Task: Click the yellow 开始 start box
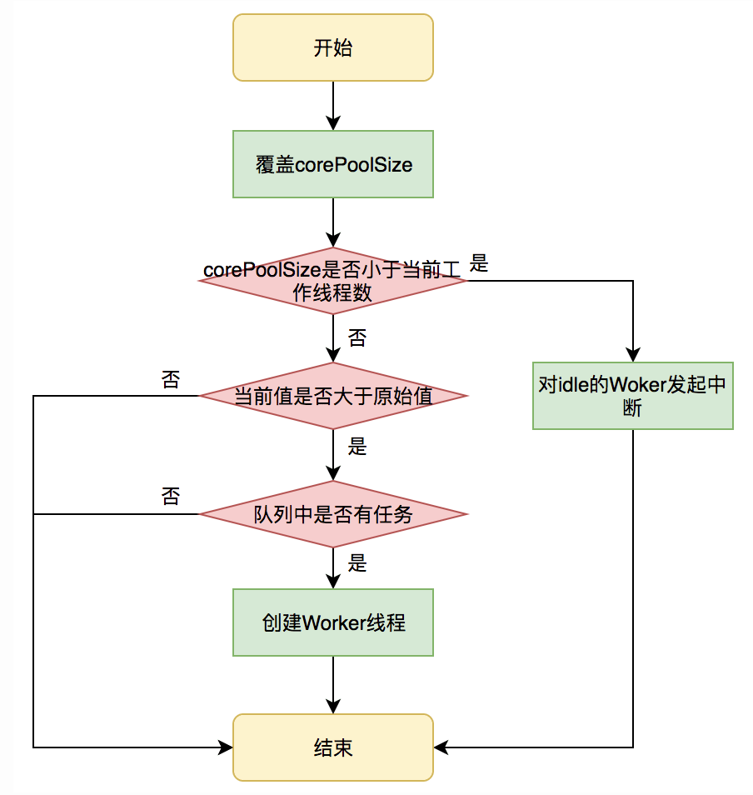pos(333,47)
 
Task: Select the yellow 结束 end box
pos(333,747)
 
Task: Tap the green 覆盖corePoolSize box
pos(333,164)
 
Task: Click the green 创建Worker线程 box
pos(333,622)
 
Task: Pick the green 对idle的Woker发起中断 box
pos(633,395)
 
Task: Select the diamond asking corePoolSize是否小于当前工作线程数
pos(333,281)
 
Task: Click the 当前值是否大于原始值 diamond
pos(333,396)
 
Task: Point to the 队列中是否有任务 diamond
pos(333,514)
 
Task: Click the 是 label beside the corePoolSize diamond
pos(479,264)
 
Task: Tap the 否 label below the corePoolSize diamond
pos(357,337)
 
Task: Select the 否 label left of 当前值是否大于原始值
pos(170,380)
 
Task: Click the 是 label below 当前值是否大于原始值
pos(357,447)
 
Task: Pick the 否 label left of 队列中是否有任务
pos(170,497)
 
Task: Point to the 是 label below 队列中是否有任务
pos(357,564)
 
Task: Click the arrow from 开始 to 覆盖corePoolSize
pos(333,106)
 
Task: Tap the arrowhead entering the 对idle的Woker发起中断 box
pos(633,355)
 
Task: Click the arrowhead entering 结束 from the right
pos(441,747)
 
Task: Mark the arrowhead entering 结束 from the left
pos(226,747)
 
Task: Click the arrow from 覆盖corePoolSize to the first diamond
pos(333,222)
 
